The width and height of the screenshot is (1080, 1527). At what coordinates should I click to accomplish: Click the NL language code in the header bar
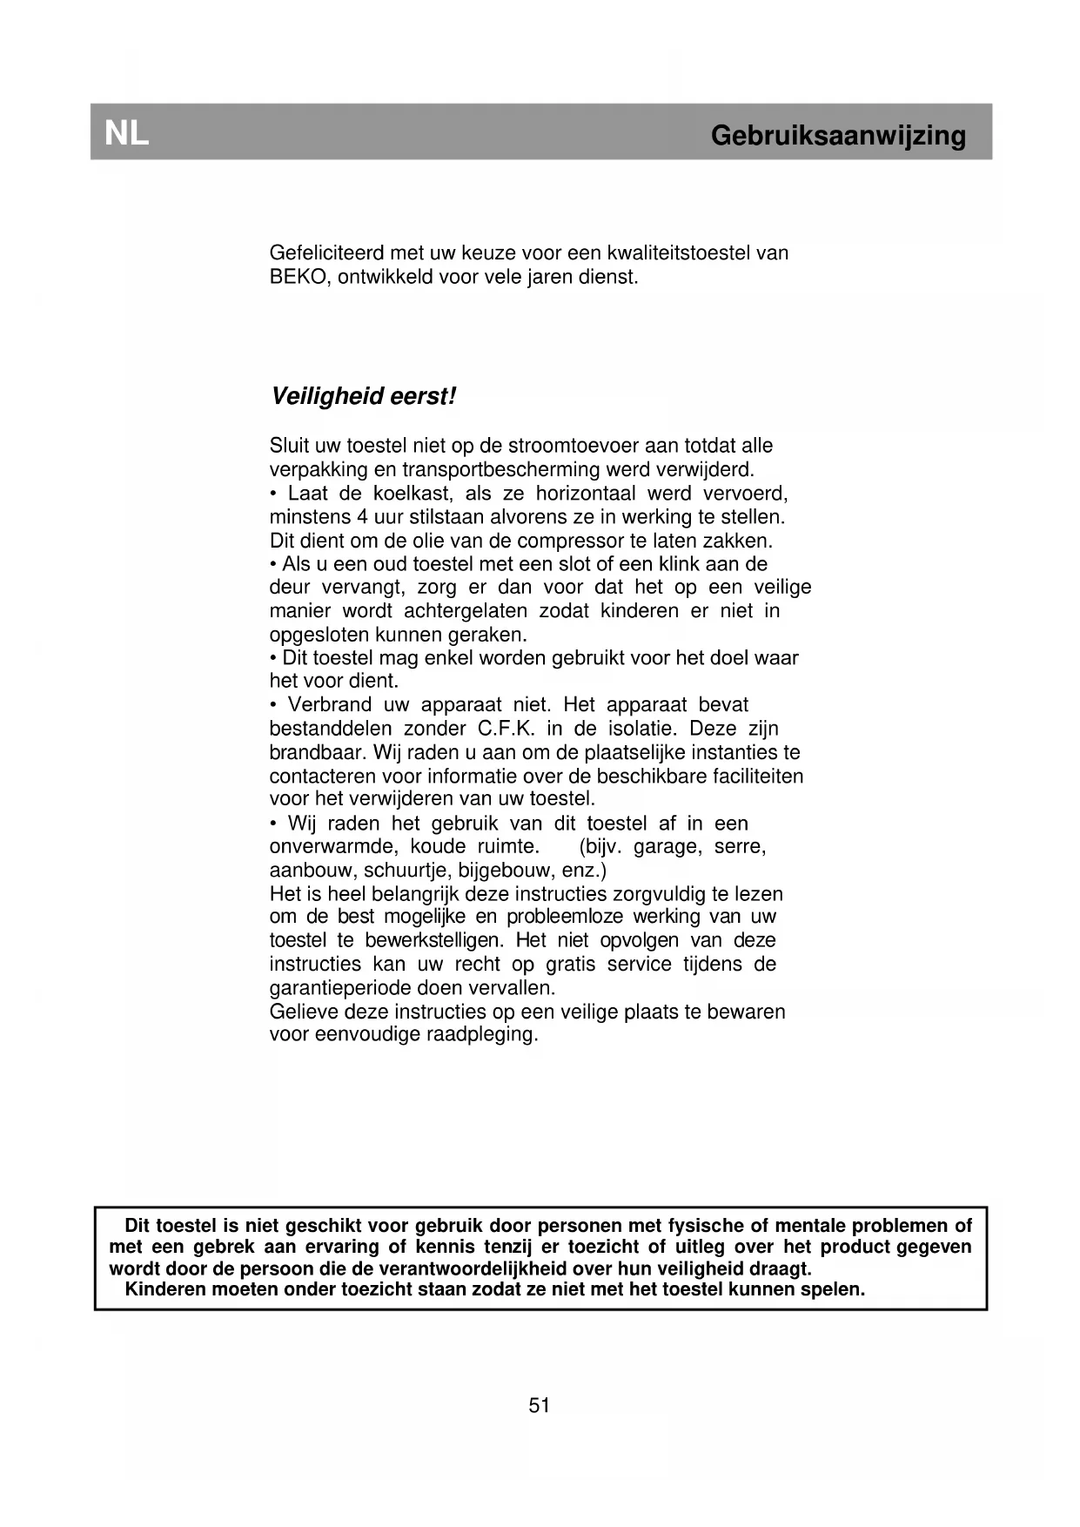127,134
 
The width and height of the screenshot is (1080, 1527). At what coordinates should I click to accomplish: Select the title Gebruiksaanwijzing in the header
838,136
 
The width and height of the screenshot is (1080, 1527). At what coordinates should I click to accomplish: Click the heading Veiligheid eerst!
364,397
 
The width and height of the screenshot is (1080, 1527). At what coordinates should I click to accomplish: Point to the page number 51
540,1405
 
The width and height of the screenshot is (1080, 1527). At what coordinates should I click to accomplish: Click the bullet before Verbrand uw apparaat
273,705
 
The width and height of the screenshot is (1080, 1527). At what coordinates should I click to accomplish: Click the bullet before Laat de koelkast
273,494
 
